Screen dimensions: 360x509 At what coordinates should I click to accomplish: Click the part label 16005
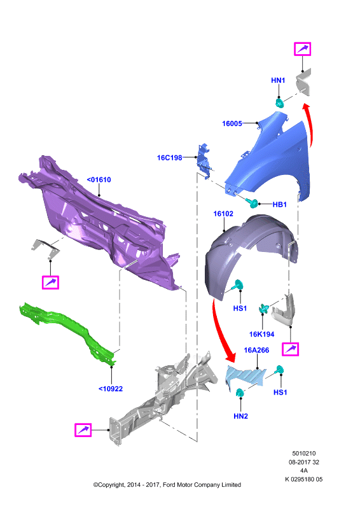click(232, 123)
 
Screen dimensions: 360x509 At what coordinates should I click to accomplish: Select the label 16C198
click(169, 158)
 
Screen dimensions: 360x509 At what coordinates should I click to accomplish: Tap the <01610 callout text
click(99, 179)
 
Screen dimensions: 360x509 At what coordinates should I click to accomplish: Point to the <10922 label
click(111, 389)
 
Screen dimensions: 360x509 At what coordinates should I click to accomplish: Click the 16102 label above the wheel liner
click(223, 214)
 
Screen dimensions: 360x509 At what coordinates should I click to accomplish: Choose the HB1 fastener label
click(279, 204)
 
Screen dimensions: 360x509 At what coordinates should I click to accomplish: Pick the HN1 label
click(278, 80)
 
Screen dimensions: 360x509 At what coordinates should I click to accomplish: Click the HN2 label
click(240, 416)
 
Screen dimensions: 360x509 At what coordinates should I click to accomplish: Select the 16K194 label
click(261, 334)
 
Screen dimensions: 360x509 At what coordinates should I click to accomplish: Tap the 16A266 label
click(256, 350)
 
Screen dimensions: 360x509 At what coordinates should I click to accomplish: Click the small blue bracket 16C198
click(203, 160)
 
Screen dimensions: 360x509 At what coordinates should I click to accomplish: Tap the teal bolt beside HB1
click(252, 202)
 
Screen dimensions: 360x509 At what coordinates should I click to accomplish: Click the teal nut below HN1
click(279, 103)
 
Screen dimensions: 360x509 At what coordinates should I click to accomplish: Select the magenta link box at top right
click(303, 49)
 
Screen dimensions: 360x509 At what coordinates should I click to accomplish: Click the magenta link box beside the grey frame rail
click(83, 430)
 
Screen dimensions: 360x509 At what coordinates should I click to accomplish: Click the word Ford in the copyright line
click(169, 485)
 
